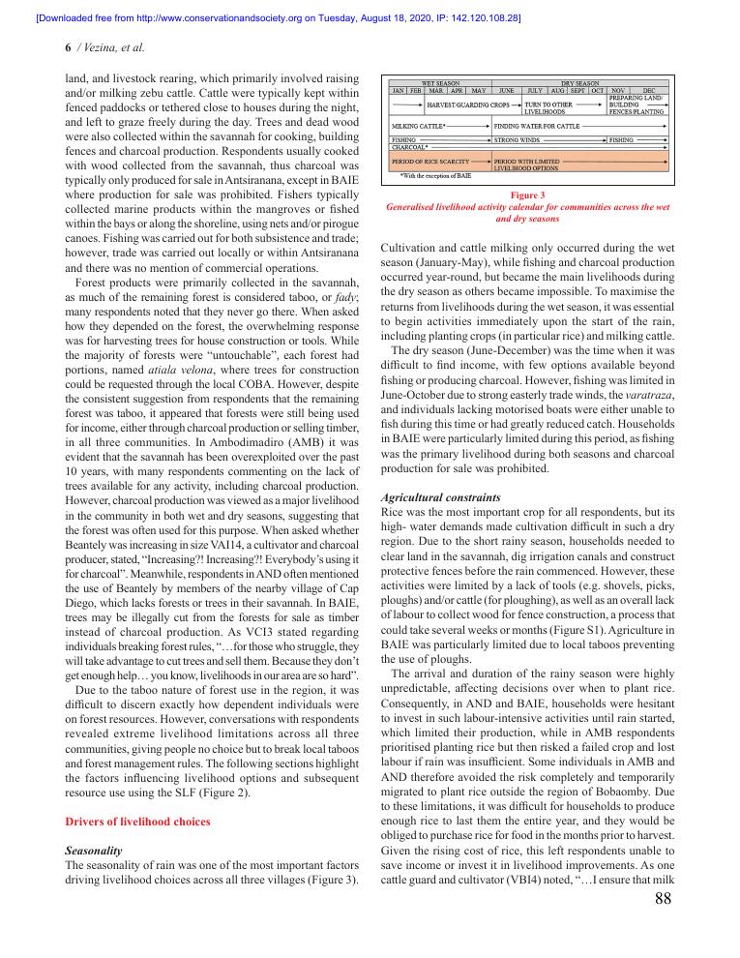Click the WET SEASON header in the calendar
click(440, 83)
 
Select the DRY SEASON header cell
click(580, 83)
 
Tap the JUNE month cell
click(506, 90)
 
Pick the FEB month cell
click(416, 90)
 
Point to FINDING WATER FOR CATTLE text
click(537, 126)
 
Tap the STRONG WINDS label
click(517, 139)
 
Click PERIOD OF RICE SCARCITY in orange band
click(430, 161)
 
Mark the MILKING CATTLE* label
click(419, 126)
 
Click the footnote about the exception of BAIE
click(435, 177)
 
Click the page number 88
click(663, 900)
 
